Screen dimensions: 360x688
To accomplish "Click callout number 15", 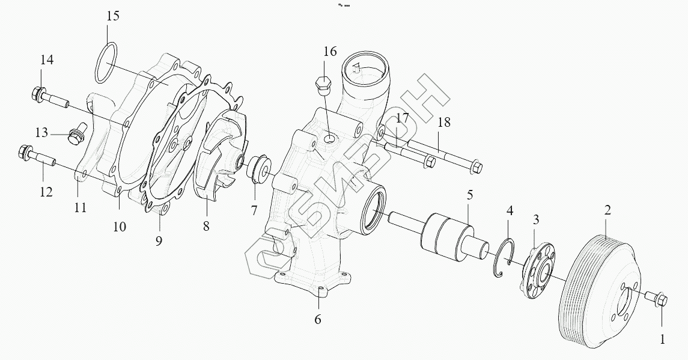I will pos(113,16).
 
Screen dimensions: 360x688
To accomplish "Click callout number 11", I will pos(81,208).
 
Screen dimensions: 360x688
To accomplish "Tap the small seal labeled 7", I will pos(261,169).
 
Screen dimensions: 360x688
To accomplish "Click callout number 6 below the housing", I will pos(317,319).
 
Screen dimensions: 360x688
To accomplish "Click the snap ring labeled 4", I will pos(504,258).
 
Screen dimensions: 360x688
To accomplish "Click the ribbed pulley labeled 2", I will pos(595,291).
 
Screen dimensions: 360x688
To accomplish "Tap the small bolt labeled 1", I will pos(657,297).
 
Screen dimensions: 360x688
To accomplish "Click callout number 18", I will pos(443,123).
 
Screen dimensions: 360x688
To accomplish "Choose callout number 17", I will pos(402,118).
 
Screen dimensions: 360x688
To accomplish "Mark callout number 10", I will pos(119,227).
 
